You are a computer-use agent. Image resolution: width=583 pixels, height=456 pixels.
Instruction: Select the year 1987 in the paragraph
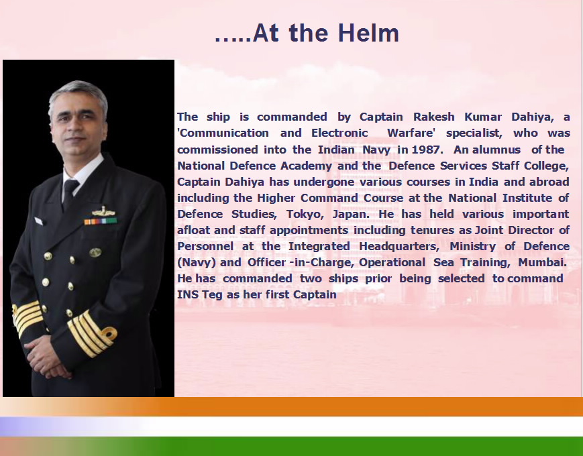(x=427, y=150)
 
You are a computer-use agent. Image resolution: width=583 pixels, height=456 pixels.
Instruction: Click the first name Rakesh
(x=433, y=117)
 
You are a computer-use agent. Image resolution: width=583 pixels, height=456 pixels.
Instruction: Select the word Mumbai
(x=542, y=262)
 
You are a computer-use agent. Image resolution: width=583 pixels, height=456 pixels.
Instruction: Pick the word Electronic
(x=339, y=133)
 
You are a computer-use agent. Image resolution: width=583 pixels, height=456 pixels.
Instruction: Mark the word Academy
(x=306, y=166)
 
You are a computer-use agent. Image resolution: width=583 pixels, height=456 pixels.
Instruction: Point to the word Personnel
(x=205, y=246)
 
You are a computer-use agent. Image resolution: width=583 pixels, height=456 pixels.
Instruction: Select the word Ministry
(x=472, y=246)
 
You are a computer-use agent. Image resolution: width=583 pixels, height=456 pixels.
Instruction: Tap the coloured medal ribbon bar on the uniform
(x=101, y=221)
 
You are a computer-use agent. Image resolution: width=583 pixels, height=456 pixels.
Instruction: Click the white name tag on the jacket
(x=39, y=221)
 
